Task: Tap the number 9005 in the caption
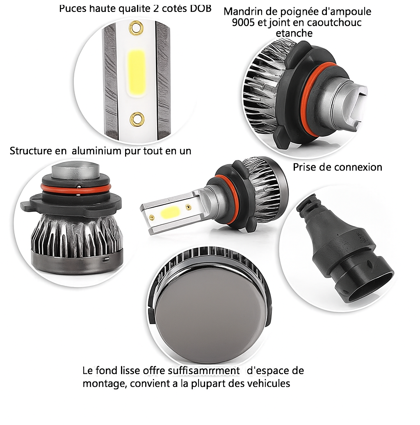pos(243,22)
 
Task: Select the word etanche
pos(294,33)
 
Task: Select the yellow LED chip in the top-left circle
pos(137,73)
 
